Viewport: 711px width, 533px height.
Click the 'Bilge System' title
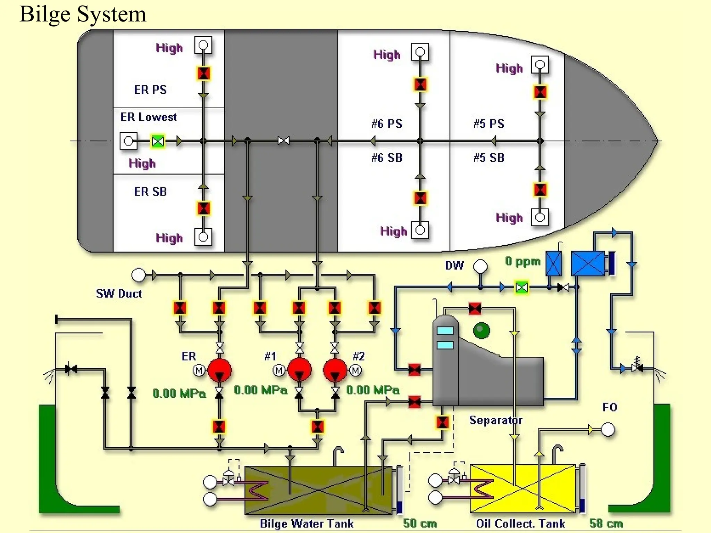83,15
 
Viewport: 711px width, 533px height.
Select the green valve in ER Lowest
158,141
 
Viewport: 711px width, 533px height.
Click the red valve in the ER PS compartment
203,74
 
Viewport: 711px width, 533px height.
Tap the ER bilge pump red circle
219,370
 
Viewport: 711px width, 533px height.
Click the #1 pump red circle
299,370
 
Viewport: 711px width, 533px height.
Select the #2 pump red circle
335,370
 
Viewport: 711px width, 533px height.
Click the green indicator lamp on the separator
482,330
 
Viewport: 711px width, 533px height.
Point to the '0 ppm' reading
523,261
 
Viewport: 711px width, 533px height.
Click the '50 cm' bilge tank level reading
420,523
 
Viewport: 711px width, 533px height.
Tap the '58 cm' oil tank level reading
606,523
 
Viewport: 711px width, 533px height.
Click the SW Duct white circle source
139,275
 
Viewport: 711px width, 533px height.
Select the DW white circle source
480,266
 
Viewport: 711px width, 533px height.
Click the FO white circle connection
608,429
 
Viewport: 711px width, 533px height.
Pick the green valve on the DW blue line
521,288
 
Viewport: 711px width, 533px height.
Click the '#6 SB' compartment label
387,158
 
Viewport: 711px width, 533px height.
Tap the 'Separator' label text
496,420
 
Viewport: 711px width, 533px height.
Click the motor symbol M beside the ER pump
199,371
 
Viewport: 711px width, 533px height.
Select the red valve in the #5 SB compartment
540,190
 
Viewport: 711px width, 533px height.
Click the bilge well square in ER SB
203,237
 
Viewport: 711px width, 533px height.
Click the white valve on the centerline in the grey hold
284,141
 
